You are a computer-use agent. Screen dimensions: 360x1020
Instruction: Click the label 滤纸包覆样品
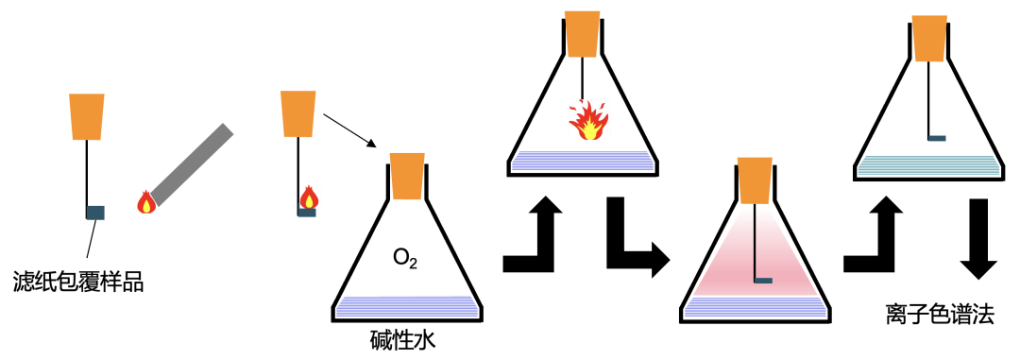(x=78, y=281)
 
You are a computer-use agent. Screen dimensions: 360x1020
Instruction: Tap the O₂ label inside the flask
(x=406, y=256)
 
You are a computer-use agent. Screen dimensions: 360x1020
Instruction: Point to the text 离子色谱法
(x=940, y=315)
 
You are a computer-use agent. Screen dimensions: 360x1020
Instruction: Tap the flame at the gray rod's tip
(x=145, y=201)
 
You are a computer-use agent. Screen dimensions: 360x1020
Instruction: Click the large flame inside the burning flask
(x=587, y=120)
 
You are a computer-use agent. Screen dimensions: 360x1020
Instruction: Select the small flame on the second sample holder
(x=308, y=197)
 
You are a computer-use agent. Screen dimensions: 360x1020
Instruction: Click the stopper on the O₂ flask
(x=407, y=178)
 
